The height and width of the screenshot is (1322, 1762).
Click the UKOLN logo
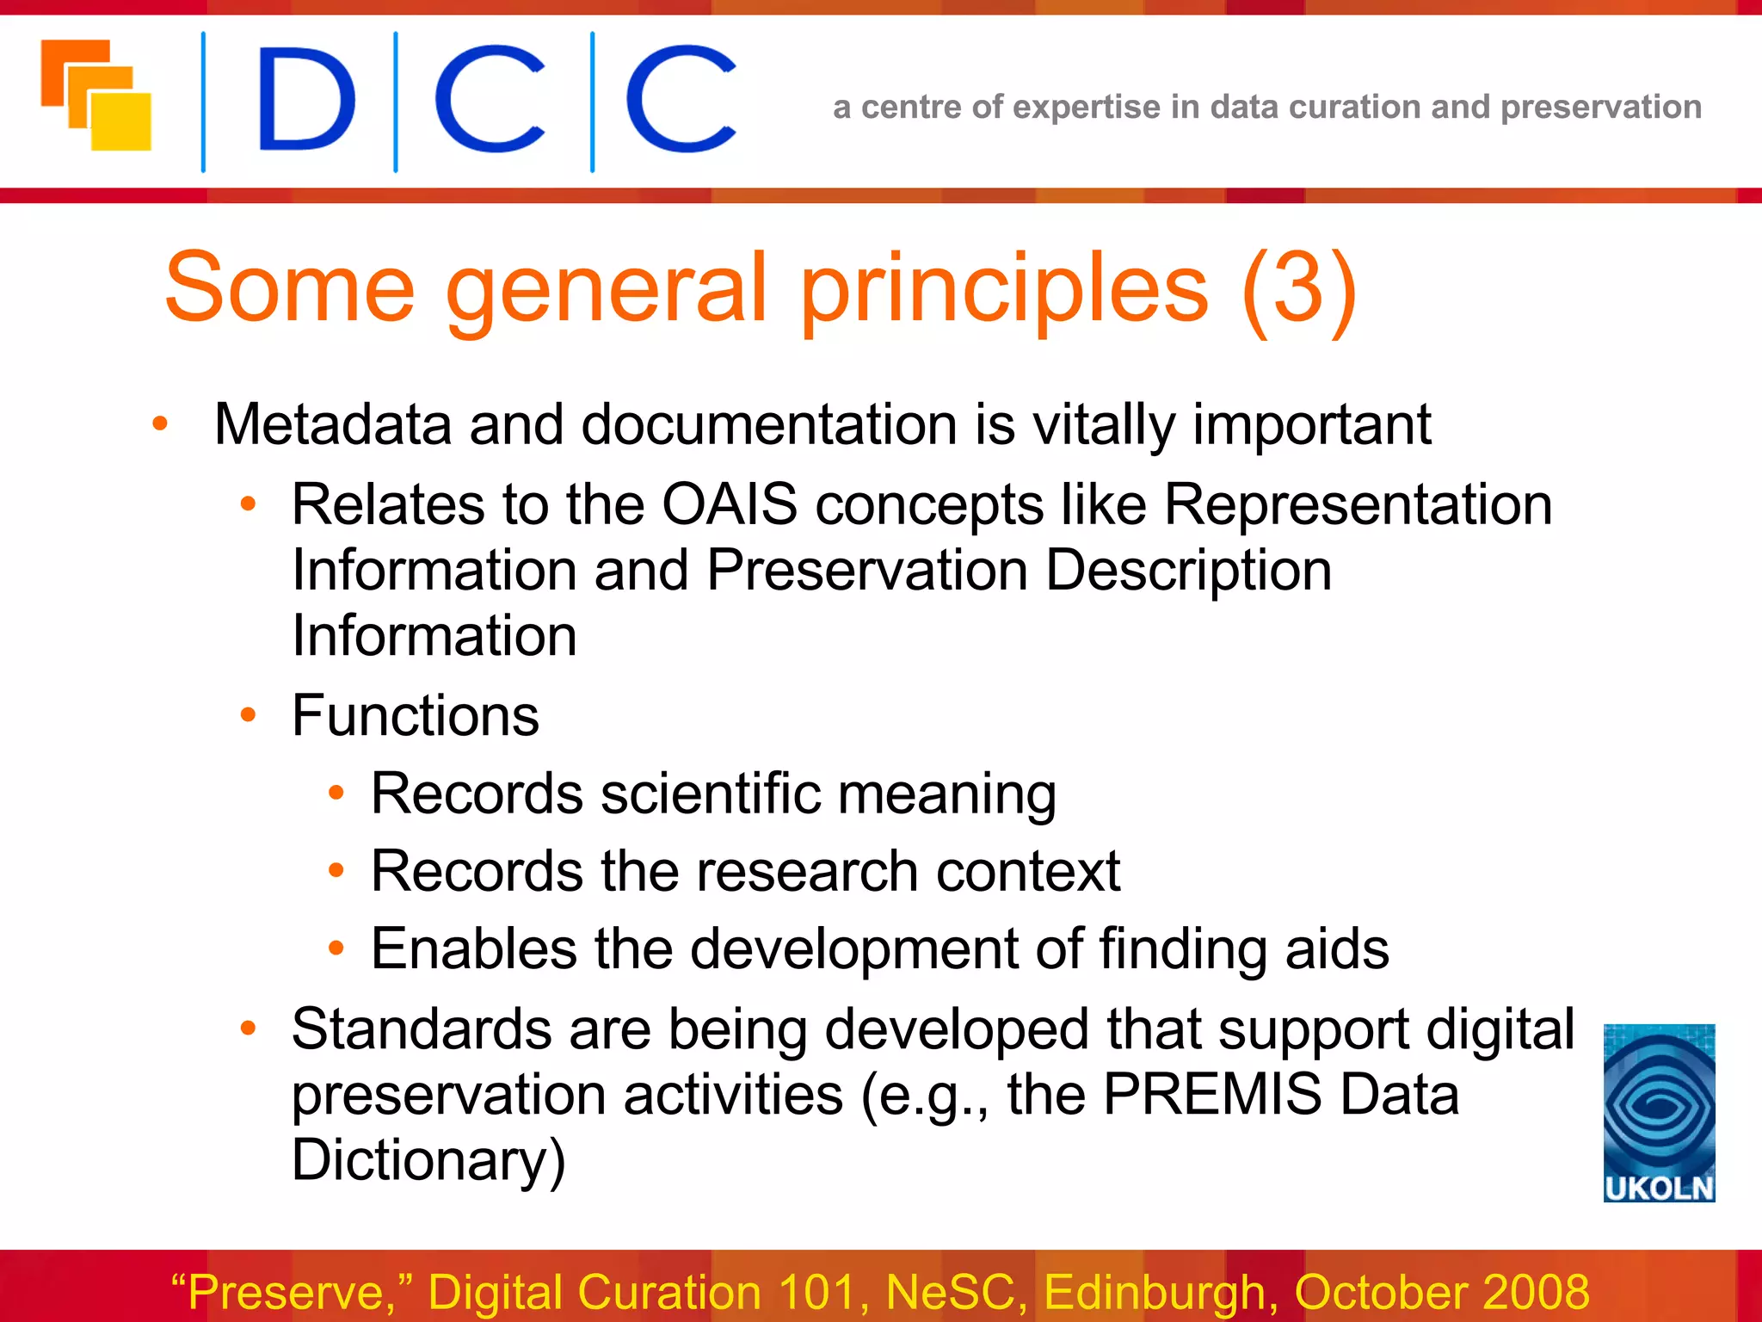point(1659,1112)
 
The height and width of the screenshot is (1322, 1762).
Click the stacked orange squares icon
point(96,95)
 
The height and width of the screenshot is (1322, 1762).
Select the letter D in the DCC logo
point(305,99)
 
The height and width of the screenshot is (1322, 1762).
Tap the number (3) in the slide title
point(1299,288)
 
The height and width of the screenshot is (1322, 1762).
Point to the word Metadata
point(332,424)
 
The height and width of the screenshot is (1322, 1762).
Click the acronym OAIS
point(729,504)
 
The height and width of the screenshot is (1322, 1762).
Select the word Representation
point(1358,504)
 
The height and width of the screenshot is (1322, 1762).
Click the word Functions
point(415,715)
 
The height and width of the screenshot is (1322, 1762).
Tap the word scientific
point(710,793)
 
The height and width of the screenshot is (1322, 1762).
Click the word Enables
point(473,949)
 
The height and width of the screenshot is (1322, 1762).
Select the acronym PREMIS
point(1211,1095)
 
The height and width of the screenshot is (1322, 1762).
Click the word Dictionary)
point(428,1160)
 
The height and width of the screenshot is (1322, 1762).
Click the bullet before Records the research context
point(336,871)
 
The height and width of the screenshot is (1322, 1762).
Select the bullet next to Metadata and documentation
point(160,423)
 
